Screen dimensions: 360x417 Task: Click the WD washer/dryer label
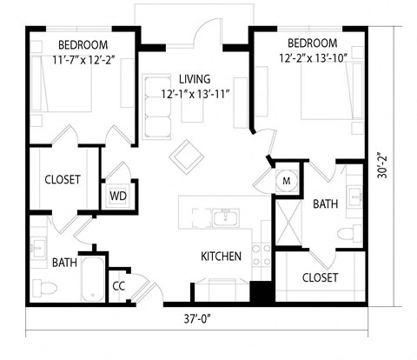117,195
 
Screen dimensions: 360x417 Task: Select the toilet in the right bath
348,232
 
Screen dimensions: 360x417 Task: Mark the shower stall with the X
288,228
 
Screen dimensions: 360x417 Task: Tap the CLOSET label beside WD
62,180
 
